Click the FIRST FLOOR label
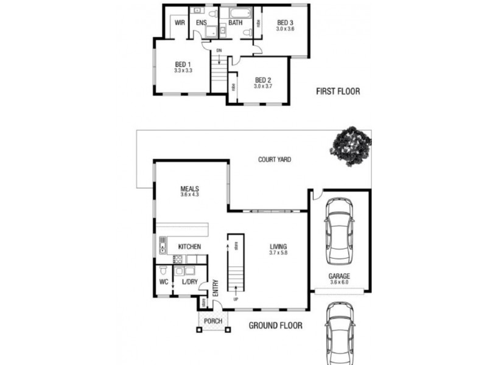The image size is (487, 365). pos(338,92)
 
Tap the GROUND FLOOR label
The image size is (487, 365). pos(275,325)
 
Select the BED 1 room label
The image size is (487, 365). pos(183,64)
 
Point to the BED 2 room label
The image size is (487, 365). pos(262,80)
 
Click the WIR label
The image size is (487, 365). pos(180,23)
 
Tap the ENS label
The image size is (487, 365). pos(201,23)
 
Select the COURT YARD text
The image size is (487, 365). pos(274,160)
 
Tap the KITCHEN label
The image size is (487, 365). pos(189,246)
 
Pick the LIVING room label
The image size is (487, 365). pos(279,246)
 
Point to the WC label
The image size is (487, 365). pos(163,283)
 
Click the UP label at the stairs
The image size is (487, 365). pos(235,300)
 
